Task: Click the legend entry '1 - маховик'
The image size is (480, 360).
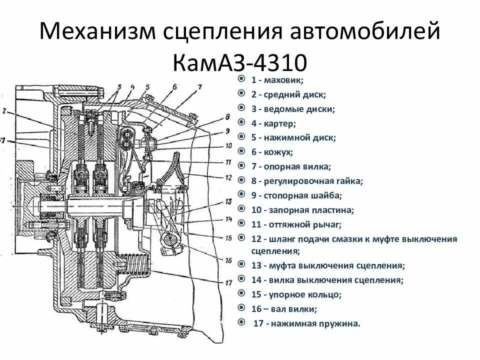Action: click(277, 79)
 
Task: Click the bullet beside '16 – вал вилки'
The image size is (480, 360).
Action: click(241, 308)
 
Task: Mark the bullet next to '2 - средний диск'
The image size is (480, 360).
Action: click(241, 93)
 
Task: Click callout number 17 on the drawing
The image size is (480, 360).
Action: click(229, 283)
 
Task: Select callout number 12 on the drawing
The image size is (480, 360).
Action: click(228, 177)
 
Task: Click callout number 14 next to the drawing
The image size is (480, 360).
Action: click(229, 219)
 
